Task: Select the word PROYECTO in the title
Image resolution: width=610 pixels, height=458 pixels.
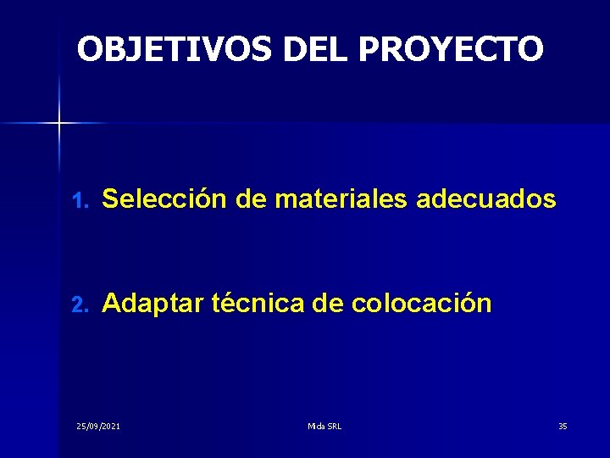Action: (450, 49)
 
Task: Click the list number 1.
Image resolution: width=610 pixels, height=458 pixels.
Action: (79, 201)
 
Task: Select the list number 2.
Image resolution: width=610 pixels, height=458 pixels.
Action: (79, 304)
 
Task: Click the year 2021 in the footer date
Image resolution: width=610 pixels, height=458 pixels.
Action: (109, 426)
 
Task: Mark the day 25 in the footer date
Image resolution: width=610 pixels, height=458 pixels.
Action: (81, 426)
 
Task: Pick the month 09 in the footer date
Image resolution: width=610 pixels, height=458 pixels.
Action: (93, 426)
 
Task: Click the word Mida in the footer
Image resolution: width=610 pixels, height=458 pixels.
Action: (316, 426)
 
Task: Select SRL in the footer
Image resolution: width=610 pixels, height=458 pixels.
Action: (333, 426)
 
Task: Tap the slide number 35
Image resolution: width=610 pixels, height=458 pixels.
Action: (563, 426)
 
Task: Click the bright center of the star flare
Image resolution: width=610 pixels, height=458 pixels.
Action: (59, 123)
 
